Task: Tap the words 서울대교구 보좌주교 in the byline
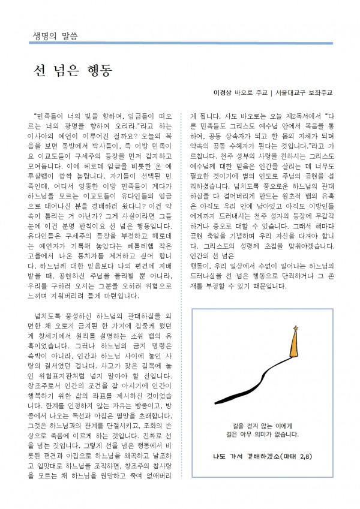pos(302,93)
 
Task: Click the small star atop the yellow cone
pos(295,327)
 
